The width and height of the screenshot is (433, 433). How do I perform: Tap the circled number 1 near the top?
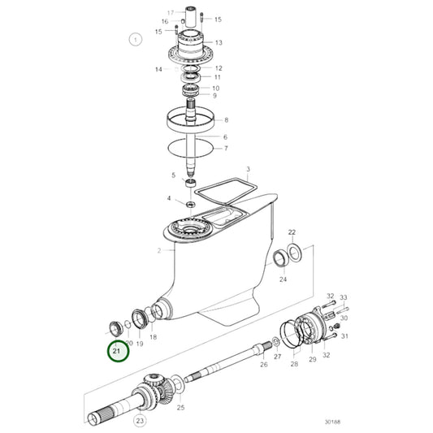[x=136, y=40]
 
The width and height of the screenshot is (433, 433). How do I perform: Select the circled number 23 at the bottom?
[x=140, y=421]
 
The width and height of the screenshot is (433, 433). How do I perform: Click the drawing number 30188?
[x=332, y=422]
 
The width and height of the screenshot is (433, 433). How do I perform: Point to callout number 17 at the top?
[x=171, y=12]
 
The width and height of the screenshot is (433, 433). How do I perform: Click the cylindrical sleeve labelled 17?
[x=191, y=17]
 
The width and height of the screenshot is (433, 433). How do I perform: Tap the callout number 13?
[x=219, y=42]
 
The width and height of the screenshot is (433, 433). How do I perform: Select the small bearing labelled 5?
[x=191, y=183]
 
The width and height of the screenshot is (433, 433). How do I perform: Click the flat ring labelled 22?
[x=295, y=253]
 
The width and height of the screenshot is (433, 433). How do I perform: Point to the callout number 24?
[x=283, y=279]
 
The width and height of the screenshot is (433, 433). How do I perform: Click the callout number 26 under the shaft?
[x=264, y=365]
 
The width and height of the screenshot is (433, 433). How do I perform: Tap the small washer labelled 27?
[x=275, y=341]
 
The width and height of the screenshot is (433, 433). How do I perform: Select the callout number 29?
[x=312, y=359]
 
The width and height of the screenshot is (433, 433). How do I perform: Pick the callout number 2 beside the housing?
[x=158, y=251]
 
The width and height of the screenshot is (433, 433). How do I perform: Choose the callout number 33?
[x=344, y=297]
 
